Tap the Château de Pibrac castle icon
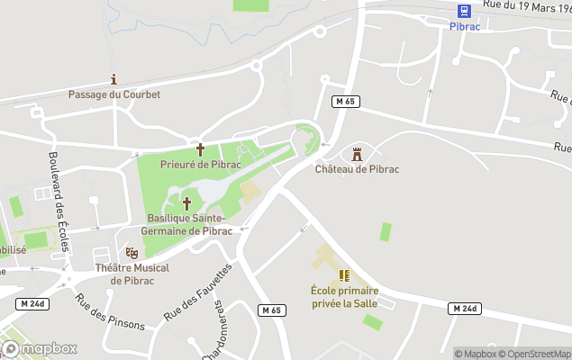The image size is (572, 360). coord(358,152)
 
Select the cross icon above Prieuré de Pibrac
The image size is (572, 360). coord(199,148)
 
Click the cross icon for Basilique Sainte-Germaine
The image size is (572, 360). coord(187,203)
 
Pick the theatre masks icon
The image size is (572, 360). coord(132,253)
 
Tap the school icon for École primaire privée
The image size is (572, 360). coord(344,275)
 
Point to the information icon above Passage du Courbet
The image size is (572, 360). coord(113,79)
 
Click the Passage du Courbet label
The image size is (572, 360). coord(114,94)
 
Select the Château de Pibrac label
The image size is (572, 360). coord(358,169)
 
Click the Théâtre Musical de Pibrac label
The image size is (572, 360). coord(132,274)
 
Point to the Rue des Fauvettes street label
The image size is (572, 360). coord(197,292)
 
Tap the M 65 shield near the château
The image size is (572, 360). coord(344,102)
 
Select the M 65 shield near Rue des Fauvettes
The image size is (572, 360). coord(271,310)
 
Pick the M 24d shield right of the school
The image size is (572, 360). coord(463,309)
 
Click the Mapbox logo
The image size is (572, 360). coord(41,348)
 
